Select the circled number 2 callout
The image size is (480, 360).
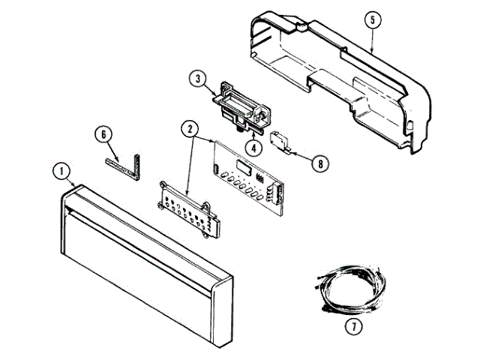coord(190,128)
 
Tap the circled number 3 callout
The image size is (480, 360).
coord(197,77)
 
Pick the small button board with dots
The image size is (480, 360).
coord(187,210)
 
